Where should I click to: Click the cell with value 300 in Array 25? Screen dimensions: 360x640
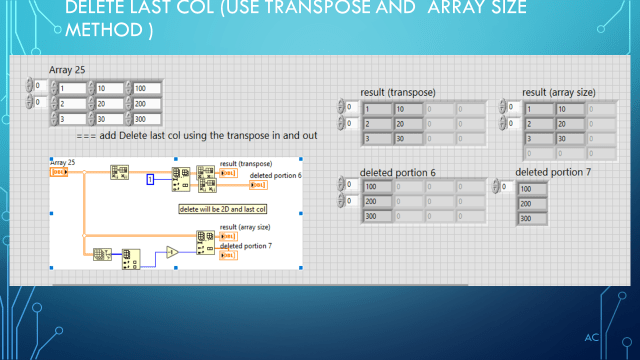[146, 119]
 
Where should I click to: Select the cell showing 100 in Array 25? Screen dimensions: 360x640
[146, 88]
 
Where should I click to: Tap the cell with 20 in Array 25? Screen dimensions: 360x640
[115, 104]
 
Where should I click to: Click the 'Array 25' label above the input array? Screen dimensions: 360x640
[67, 68]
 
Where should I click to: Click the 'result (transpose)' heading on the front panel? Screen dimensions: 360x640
[397, 93]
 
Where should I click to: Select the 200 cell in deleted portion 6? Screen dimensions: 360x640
[376, 201]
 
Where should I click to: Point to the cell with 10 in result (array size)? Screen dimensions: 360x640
[572, 109]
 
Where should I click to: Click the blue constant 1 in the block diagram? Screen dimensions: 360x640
[150, 180]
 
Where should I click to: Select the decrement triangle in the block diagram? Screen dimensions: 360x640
[172, 252]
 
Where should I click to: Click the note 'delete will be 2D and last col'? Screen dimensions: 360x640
[223, 209]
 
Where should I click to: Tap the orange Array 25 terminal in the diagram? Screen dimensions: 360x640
[58, 171]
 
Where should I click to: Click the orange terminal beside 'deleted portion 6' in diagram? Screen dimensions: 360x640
[258, 184]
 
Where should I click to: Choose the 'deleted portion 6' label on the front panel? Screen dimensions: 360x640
[398, 172]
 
